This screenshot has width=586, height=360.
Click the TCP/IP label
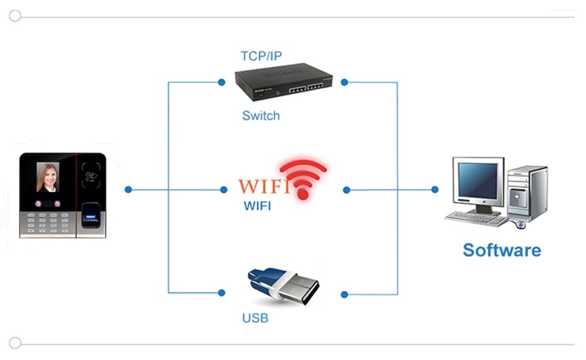pyautogui.click(x=261, y=56)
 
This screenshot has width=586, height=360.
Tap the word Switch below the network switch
pyautogui.click(x=261, y=116)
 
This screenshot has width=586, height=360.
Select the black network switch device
pyautogui.click(x=284, y=81)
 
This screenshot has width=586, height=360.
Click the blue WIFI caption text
pyautogui.click(x=257, y=206)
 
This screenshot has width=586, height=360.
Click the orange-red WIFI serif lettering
pyautogui.click(x=263, y=187)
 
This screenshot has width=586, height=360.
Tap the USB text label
pyautogui.click(x=255, y=318)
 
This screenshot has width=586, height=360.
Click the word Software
pyautogui.click(x=502, y=250)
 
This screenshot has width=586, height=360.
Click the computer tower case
pyautogui.click(x=527, y=193)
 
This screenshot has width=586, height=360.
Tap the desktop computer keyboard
pyautogui.click(x=476, y=219)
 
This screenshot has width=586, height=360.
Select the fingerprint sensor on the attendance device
pyautogui.click(x=91, y=216)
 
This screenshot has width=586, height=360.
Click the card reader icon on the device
pyautogui.click(x=91, y=175)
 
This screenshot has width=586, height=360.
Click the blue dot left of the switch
pyautogui.click(x=222, y=82)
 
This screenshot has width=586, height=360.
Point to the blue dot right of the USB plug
pyautogui.click(x=345, y=294)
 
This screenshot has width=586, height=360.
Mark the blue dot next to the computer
pyautogui.click(x=435, y=189)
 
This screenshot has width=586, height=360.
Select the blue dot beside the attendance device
pyautogui.click(x=128, y=189)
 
